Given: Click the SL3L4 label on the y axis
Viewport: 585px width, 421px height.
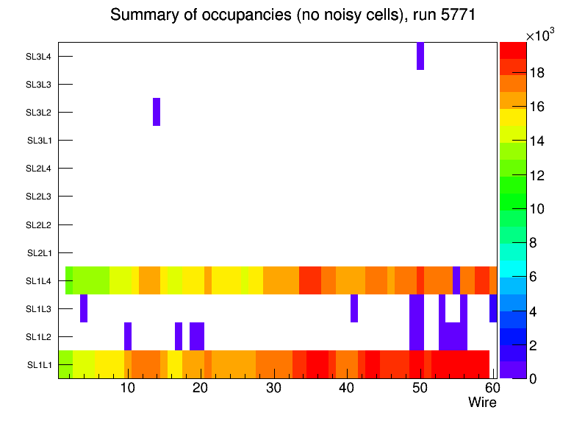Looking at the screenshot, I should pyautogui.click(x=39, y=57).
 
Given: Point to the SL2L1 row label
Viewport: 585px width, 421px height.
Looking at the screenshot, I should pyautogui.click(x=39, y=253).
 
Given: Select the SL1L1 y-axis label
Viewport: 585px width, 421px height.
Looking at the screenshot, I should pyautogui.click(x=39, y=365).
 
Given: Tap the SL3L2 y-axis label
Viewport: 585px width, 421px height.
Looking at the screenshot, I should pyautogui.click(x=39, y=113).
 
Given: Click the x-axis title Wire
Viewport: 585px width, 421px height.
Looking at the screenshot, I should pyautogui.click(x=482, y=403).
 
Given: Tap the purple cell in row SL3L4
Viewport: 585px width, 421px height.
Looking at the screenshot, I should pyautogui.click(x=420, y=56).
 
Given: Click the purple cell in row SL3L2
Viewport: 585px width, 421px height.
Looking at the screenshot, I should pyautogui.click(x=157, y=112).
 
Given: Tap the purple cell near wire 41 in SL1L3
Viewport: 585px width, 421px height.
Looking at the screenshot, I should pyautogui.click(x=354, y=308).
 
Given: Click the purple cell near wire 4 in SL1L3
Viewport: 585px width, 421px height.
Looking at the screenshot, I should pyautogui.click(x=84, y=308).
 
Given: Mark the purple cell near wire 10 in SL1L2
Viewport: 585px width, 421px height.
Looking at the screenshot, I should pyautogui.click(x=128, y=336).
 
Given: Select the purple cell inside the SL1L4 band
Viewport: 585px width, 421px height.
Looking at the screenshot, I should pyautogui.click(x=456, y=280).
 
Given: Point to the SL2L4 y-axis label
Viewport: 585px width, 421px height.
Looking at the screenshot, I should pyautogui.click(x=39, y=169).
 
